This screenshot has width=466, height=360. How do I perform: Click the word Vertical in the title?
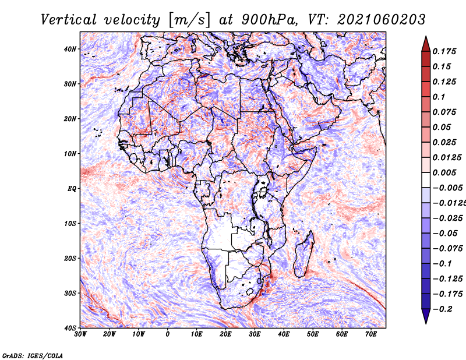pos(68,20)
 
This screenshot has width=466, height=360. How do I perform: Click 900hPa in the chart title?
pos(269,20)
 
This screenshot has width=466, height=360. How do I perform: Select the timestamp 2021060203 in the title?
pos(382,20)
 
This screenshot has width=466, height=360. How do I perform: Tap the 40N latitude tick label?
pos(70,49)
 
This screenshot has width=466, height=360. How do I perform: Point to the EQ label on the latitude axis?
pos(72,189)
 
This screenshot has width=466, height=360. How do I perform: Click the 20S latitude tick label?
pos(70,258)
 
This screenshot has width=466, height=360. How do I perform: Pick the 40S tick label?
pos(70,328)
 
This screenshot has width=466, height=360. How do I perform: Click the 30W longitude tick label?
pos(80,334)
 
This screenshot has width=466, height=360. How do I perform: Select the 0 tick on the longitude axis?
pos(168,334)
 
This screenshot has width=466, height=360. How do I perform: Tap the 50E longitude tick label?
pos(313,334)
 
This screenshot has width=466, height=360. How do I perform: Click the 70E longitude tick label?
pos(371,334)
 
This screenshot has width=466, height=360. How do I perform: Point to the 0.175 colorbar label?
pos(444,51)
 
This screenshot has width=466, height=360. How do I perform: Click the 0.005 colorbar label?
pos(444,172)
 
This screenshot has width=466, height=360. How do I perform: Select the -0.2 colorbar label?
pos(443,309)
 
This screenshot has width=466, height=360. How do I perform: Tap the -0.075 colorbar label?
pos(448,248)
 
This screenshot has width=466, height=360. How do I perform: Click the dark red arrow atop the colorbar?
pos(426,44)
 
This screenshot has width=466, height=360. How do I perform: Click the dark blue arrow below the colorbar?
pos(426,316)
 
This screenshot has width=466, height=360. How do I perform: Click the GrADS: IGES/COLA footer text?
pos(33,355)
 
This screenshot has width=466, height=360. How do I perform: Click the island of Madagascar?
pos(304,255)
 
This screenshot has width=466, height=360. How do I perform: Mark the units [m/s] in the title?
pos(189,20)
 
